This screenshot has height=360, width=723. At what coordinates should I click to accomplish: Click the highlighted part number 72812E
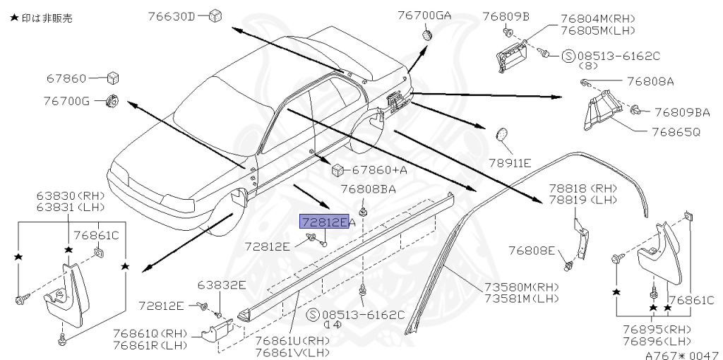[x=324, y=222]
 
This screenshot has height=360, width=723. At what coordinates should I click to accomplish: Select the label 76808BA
[x=368, y=189]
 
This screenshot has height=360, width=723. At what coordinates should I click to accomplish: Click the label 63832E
[x=222, y=285]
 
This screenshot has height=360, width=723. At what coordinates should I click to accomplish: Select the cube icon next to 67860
[x=113, y=78]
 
